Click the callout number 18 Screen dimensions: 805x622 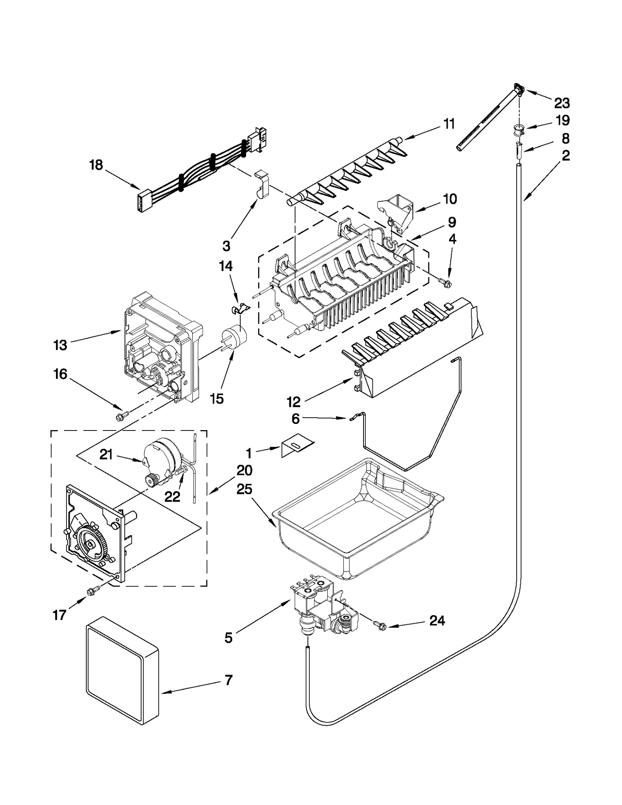[x=96, y=165]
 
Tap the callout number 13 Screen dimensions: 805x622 [x=60, y=345]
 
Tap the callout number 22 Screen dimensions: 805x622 [x=172, y=497]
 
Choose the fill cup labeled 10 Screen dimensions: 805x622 [x=397, y=212]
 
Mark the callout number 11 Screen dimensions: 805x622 [x=449, y=124]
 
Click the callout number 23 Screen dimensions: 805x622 [x=562, y=103]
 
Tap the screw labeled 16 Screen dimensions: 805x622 [x=120, y=417]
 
